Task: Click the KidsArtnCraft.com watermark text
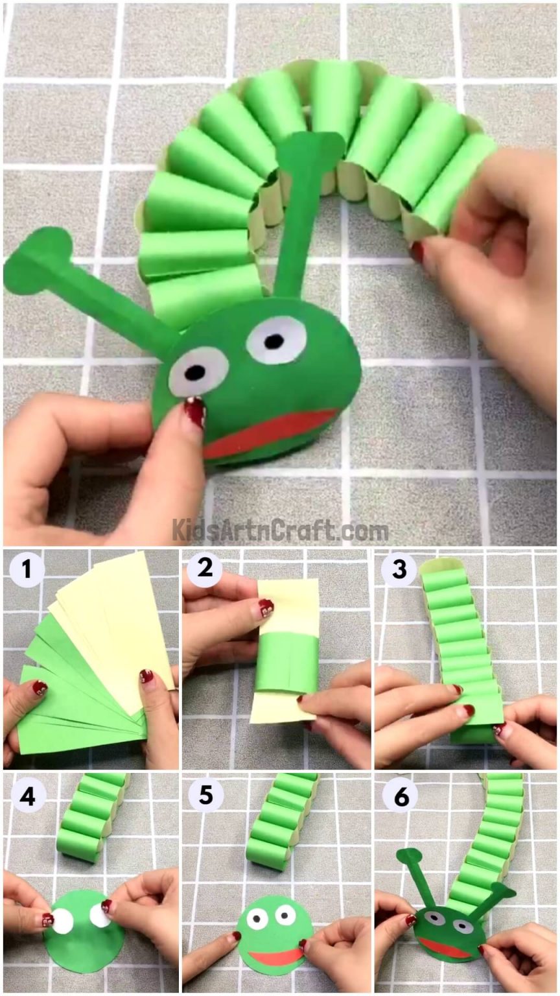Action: (280, 530)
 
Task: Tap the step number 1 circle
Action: (27, 571)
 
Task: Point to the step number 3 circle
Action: (399, 571)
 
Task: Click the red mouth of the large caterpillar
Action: (269, 433)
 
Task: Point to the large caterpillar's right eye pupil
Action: (275, 340)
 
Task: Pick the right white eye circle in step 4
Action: (99, 916)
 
